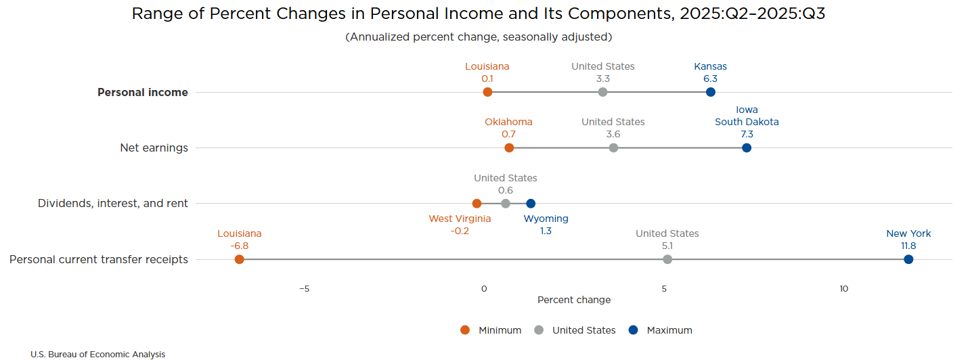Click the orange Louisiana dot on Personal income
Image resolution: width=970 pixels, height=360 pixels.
(487, 92)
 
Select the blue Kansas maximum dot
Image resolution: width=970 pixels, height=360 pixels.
(710, 92)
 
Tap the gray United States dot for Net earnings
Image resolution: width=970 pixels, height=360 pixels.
(613, 148)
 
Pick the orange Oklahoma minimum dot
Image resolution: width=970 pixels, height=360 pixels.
(509, 148)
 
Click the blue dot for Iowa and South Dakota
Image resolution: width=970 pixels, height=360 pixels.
(747, 148)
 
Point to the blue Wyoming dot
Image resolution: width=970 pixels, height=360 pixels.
(531, 203)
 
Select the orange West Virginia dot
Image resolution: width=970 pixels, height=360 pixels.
(477, 203)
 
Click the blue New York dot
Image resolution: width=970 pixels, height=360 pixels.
(908, 259)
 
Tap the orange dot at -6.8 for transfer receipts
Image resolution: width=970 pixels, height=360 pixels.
(239, 259)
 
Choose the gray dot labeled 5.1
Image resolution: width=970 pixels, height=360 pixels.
(667, 259)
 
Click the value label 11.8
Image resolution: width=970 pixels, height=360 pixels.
(908, 246)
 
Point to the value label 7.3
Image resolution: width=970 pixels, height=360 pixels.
(747, 134)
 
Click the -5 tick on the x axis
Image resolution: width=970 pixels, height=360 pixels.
(304, 289)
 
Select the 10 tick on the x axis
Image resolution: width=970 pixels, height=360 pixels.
(843, 289)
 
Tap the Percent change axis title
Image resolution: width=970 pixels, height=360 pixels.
(574, 300)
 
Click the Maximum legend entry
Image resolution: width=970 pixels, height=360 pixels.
(661, 330)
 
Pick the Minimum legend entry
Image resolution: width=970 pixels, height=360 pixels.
(491, 330)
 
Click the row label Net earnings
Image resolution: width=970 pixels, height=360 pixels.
(154, 148)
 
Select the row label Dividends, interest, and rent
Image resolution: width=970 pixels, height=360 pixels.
(113, 203)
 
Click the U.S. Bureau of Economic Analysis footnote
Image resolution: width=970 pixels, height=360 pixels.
(97, 354)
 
